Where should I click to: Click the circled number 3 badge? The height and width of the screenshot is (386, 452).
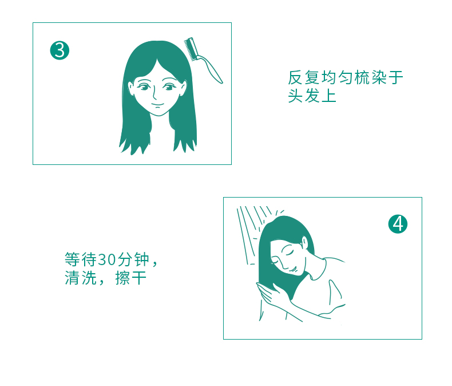(60, 50)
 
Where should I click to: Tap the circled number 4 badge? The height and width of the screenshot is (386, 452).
(398, 224)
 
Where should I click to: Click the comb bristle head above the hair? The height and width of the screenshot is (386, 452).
(191, 49)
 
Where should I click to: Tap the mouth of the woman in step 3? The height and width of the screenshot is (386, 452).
(157, 104)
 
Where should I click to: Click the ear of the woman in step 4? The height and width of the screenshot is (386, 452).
(305, 243)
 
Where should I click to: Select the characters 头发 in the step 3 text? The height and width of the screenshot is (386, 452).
(304, 96)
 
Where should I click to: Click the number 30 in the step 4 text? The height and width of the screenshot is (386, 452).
(107, 259)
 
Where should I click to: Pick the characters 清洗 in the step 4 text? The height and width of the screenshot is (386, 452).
(81, 278)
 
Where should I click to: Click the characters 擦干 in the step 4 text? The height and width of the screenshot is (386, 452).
(131, 278)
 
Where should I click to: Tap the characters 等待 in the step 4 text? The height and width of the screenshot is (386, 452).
(81, 259)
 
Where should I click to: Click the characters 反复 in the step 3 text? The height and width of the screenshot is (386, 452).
(304, 78)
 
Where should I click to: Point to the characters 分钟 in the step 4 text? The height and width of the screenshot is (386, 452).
(133, 259)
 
